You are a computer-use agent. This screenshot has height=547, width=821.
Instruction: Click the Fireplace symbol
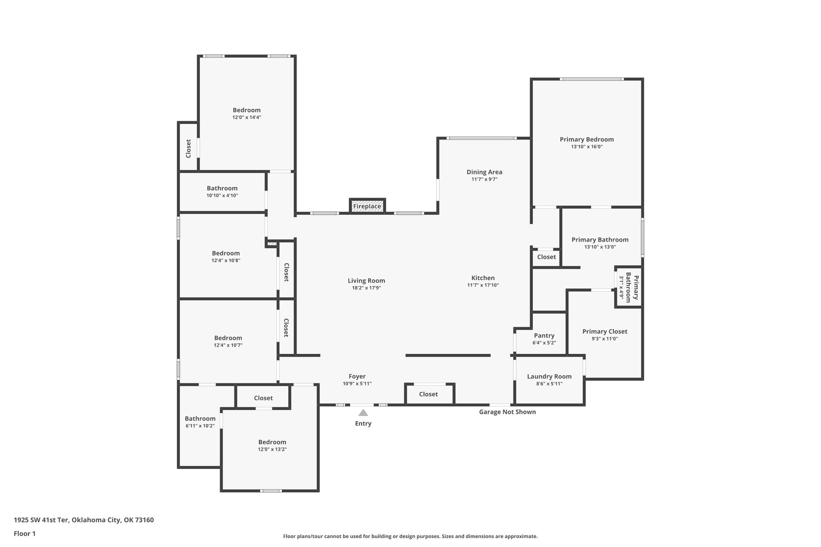tap(367, 206)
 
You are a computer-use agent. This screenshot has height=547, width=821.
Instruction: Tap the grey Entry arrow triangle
tap(363, 413)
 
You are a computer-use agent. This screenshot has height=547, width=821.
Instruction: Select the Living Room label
tap(366, 281)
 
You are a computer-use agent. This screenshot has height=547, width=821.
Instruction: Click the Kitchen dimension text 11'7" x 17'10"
tap(483, 285)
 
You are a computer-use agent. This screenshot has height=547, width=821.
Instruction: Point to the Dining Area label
tap(484, 172)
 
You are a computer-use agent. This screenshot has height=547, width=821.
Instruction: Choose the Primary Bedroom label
tap(587, 139)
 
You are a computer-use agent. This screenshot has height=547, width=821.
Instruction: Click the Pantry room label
tap(544, 336)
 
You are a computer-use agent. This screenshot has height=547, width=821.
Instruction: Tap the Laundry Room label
tap(549, 377)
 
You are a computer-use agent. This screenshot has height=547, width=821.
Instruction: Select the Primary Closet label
tap(605, 331)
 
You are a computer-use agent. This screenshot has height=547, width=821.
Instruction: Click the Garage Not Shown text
tap(508, 412)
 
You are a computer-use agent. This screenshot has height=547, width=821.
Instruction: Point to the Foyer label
tap(357, 376)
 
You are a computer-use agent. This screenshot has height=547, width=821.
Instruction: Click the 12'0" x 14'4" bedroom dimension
tap(247, 117)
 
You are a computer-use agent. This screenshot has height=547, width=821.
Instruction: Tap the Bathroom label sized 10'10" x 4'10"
tap(222, 188)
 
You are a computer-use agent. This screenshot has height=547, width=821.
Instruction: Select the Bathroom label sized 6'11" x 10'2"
tap(200, 419)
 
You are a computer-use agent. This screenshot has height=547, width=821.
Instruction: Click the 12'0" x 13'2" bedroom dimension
tap(272, 449)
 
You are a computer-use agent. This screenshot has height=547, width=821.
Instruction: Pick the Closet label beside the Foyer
tap(429, 394)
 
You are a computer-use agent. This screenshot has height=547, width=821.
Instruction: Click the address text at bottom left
tap(84, 520)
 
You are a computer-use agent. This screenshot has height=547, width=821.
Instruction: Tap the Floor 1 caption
tap(25, 534)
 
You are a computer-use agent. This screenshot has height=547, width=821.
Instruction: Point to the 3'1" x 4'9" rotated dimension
tap(622, 287)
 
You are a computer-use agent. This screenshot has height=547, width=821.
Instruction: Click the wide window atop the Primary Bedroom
tap(592, 79)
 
